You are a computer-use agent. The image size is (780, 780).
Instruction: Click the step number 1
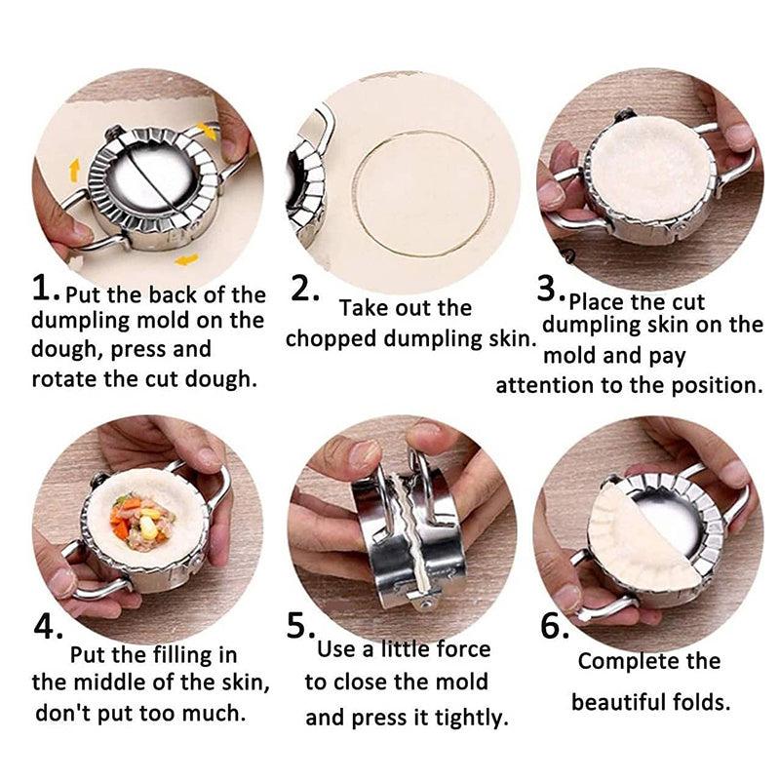point(46,288)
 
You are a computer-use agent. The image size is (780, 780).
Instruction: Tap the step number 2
point(304,288)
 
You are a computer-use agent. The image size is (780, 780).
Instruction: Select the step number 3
point(551,289)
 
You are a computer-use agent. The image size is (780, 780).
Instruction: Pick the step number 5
point(300,626)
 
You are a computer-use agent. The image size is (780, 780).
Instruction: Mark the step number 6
point(555,626)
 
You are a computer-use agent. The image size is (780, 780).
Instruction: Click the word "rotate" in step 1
point(64,379)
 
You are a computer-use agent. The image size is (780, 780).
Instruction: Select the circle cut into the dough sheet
point(423,194)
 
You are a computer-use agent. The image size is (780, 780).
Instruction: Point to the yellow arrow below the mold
point(186,259)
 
